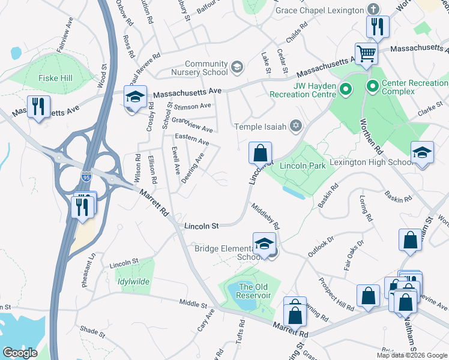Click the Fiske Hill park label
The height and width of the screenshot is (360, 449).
(56, 78)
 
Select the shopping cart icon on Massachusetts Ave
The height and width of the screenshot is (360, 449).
(366, 54)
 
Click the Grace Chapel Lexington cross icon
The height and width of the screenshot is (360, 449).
(373, 10)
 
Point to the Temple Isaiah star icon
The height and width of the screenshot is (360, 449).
(295, 125)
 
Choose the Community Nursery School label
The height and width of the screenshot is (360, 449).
(206, 68)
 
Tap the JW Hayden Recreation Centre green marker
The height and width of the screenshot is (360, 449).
(346, 91)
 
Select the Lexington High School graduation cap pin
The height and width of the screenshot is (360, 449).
(422, 153)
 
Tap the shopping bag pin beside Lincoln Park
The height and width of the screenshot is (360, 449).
(260, 154)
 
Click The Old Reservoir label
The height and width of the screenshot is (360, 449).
(255, 291)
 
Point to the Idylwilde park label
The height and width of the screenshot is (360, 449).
(134, 281)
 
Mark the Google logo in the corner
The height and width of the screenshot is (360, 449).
(20, 352)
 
